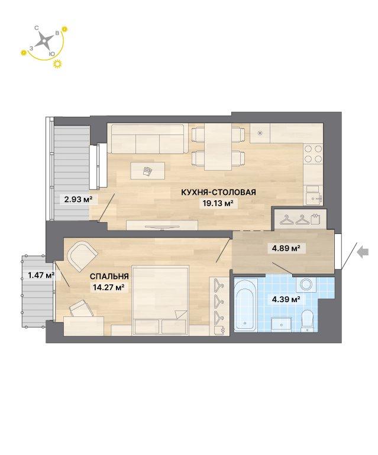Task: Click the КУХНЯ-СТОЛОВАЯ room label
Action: pos(218,192)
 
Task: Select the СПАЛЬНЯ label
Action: pos(109,276)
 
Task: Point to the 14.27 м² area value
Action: pos(109,287)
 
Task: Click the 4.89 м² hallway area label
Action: pos(285,248)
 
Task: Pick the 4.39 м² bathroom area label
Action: pos(285,299)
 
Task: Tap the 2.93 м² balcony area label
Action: pos(78,200)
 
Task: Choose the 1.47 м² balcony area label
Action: pos(41,275)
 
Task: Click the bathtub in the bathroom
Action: pos(245,305)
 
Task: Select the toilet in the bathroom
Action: pos(308,321)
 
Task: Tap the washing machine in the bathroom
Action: pos(306,285)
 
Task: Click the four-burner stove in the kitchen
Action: pos(313,154)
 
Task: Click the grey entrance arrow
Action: pos(363,252)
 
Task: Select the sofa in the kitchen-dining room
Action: pos(148,139)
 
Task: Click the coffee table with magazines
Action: pos(148,171)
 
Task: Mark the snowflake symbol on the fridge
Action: pos(260,133)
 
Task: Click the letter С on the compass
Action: pos(37,28)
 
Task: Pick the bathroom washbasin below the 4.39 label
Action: pos(281,325)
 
